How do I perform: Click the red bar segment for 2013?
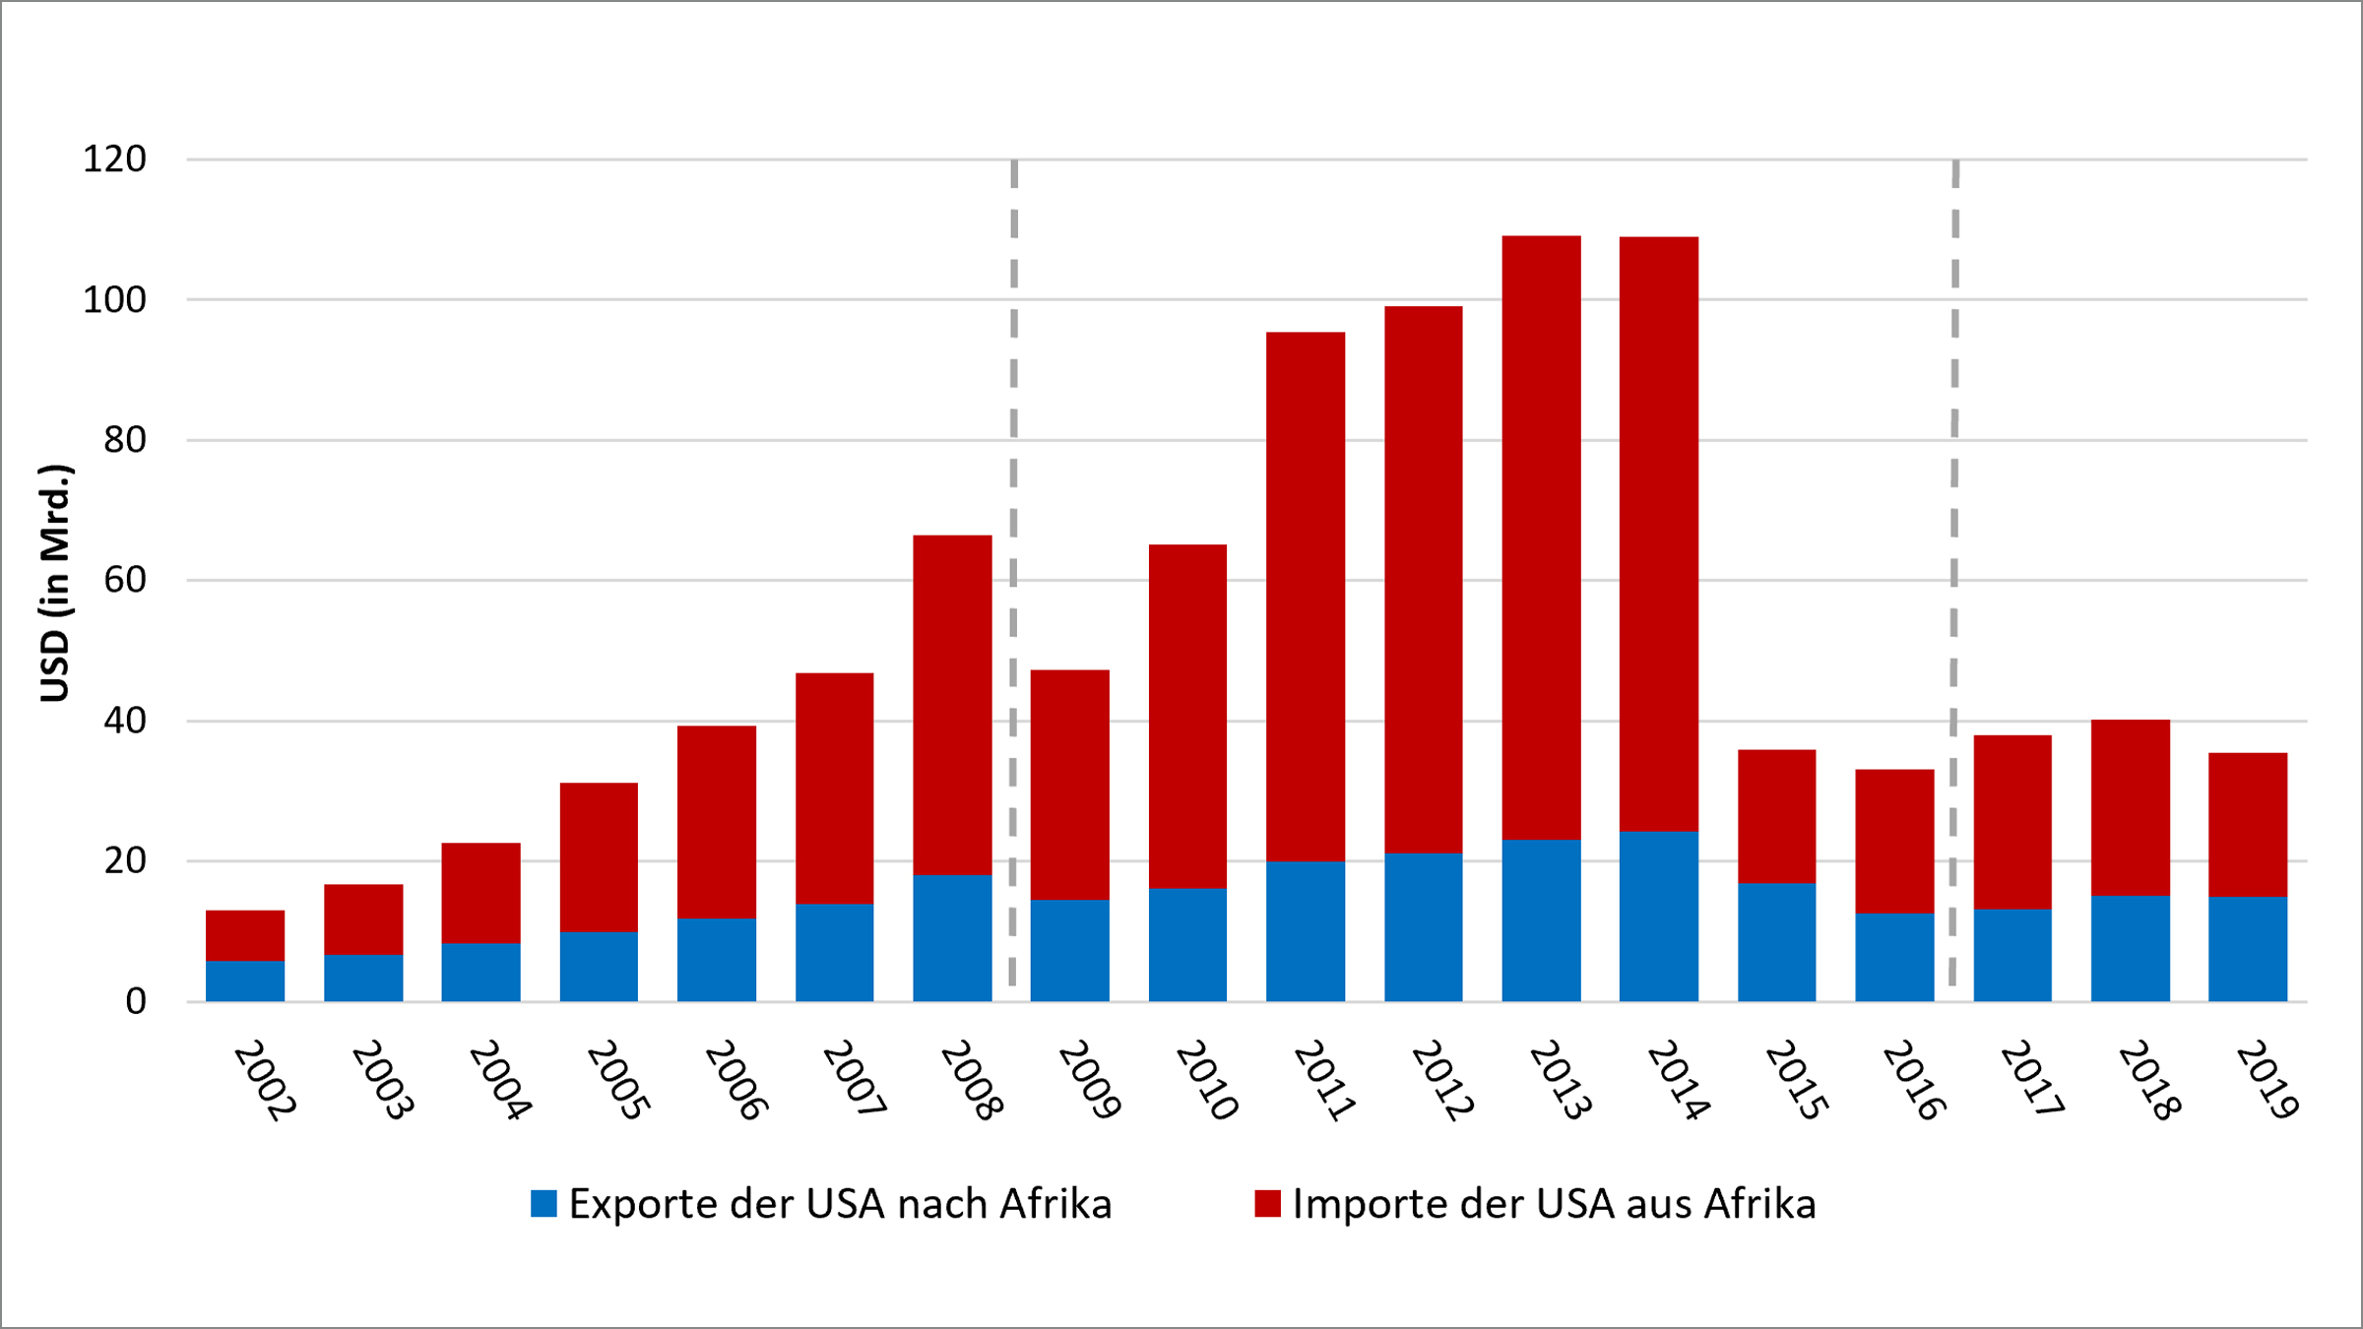(x=1541, y=538)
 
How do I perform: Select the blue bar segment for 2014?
(x=1659, y=917)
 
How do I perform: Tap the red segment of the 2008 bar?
(x=952, y=705)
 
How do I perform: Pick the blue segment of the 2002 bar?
(x=245, y=981)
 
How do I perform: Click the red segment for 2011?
(x=1306, y=597)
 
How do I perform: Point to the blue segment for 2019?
(x=2248, y=949)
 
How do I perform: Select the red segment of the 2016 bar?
(x=1894, y=841)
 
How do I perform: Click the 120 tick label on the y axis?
(x=114, y=159)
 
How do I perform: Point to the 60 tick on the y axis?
(x=124, y=581)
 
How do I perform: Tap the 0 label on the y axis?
(x=136, y=1002)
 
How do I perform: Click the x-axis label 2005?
(x=618, y=1080)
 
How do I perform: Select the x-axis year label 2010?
(x=1207, y=1080)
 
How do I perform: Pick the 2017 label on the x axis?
(x=2032, y=1080)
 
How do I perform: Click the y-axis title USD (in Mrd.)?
(x=55, y=583)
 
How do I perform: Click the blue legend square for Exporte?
(x=543, y=1203)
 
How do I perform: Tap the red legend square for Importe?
(x=1267, y=1203)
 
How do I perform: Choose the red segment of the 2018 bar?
(x=2131, y=807)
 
